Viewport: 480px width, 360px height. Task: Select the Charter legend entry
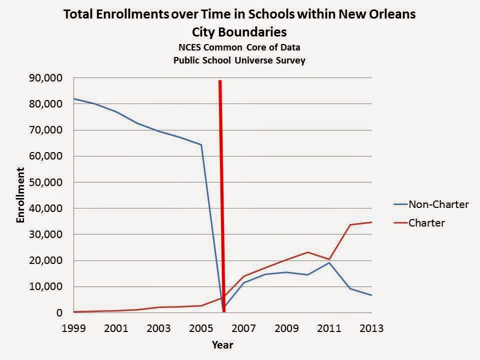pyautogui.click(x=426, y=223)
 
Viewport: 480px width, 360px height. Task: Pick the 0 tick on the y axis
pyautogui.click(x=59, y=313)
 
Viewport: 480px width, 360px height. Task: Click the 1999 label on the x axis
pyautogui.click(x=73, y=328)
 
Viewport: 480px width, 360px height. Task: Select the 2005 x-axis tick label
pyautogui.click(x=201, y=328)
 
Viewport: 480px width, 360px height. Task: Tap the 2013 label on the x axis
pyautogui.click(x=371, y=328)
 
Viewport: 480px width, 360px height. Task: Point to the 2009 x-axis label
pyautogui.click(x=286, y=328)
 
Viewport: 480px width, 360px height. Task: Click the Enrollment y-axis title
pyautogui.click(x=21, y=195)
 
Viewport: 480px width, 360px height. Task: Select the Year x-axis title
pyautogui.click(x=222, y=345)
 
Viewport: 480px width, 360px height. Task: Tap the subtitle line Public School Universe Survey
pyautogui.click(x=239, y=60)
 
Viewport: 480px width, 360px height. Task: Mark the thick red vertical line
pyautogui.click(x=221, y=200)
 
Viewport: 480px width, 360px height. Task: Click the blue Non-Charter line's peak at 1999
pyautogui.click(x=73, y=98)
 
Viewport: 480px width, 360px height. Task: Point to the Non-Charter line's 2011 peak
pyautogui.click(x=329, y=262)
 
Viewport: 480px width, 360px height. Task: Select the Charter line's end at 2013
pyautogui.click(x=371, y=222)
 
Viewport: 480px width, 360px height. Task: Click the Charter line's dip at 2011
pyautogui.click(x=329, y=259)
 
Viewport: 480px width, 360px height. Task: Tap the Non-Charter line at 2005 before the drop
pyautogui.click(x=201, y=145)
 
